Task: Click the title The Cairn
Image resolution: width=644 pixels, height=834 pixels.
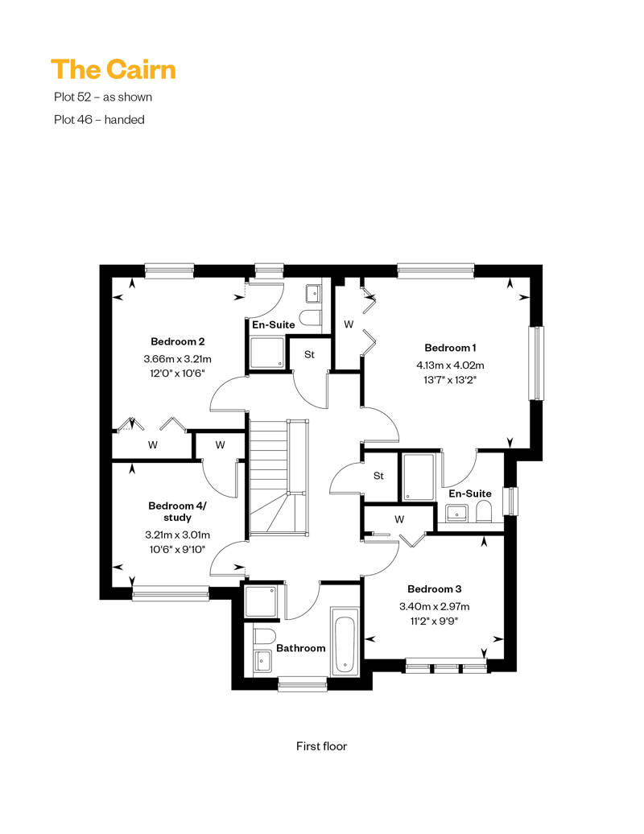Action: click(x=114, y=70)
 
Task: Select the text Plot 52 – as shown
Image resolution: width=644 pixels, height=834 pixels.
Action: click(x=103, y=97)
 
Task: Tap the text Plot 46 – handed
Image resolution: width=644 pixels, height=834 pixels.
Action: click(x=100, y=120)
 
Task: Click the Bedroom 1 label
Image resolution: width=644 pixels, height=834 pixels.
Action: click(x=450, y=348)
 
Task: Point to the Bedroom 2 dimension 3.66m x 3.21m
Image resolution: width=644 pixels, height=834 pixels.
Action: click(x=178, y=359)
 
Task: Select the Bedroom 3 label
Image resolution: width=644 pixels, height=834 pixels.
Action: click(x=435, y=588)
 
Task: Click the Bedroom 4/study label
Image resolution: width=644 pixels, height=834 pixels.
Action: click(x=177, y=511)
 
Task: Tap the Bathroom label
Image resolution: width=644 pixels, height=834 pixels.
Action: click(x=301, y=648)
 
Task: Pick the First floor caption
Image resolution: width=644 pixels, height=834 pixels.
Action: click(x=322, y=746)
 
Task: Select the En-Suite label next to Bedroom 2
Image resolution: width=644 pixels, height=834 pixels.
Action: click(x=274, y=324)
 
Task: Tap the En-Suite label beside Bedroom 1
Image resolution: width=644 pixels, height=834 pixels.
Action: click(x=470, y=493)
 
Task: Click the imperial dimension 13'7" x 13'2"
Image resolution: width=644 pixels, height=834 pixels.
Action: click(x=450, y=380)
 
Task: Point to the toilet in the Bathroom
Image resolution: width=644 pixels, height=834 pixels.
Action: click(x=264, y=636)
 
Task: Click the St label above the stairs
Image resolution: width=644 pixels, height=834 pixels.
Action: click(x=309, y=354)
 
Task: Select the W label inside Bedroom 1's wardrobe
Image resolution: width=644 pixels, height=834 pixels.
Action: click(x=349, y=324)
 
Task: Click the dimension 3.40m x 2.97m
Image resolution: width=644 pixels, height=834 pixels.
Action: click(x=435, y=606)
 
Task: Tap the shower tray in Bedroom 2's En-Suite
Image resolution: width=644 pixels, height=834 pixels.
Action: click(x=267, y=353)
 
